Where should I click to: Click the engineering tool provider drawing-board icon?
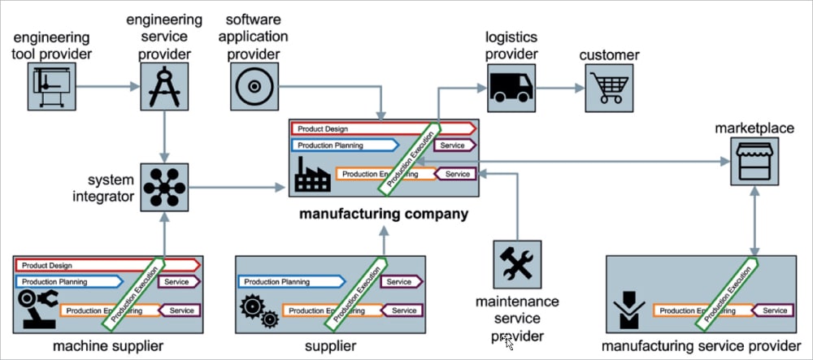tap(51, 86)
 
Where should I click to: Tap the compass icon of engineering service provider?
tap(165, 86)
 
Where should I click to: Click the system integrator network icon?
tap(165, 188)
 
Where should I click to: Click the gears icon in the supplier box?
tap(259, 310)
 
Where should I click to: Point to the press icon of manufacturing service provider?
tap(629, 310)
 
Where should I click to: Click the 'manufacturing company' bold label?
tap(384, 215)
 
